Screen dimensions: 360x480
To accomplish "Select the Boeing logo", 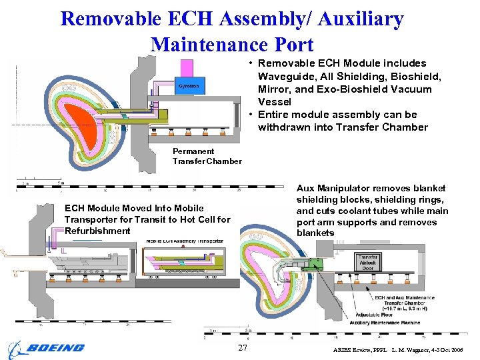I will pyautogui.click(x=46, y=347).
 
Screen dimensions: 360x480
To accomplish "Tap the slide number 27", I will pyautogui.click(x=243, y=348).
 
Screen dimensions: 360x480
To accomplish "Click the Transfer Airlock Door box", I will pyautogui.click(x=368, y=261).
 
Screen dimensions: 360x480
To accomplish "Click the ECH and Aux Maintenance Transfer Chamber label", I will pyautogui.click(x=404, y=301).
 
